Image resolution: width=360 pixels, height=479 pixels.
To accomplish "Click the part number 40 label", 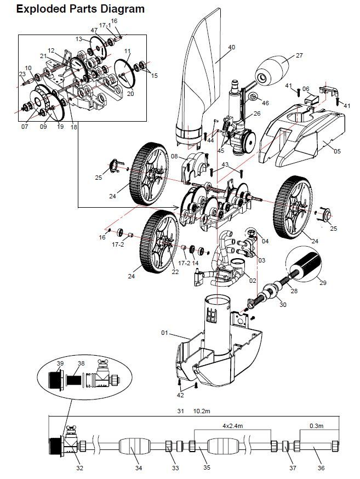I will (231, 48).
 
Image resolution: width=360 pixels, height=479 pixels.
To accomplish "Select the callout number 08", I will (174, 156).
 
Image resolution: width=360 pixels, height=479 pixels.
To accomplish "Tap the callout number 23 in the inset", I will (22, 75).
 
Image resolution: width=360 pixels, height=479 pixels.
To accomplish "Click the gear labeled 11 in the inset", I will (128, 71).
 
